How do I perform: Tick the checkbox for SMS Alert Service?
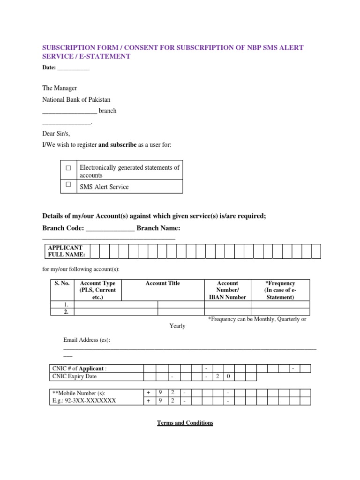tap(68, 185)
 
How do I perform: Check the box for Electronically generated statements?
tap(68, 167)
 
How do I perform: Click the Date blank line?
tap(74, 68)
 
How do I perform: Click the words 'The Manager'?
tap(60, 88)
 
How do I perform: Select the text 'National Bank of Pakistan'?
tap(76, 99)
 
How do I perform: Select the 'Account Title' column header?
tap(163, 283)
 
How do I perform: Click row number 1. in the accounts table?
tap(66, 304)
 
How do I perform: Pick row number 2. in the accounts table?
tap(66, 311)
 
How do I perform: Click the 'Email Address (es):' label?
tap(87, 340)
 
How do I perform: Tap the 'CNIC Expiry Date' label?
tap(75, 376)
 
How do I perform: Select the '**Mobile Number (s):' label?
tap(79, 393)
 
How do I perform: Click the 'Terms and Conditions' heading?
tap(185, 423)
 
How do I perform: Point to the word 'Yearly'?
tap(177, 326)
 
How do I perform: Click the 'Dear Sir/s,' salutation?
tap(56, 134)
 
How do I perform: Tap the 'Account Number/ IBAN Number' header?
tap(227, 290)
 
